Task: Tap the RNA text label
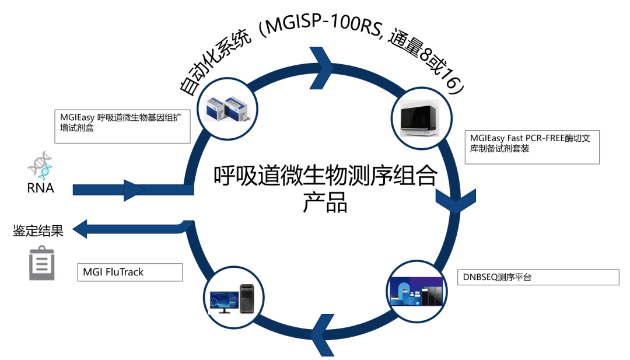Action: tap(41, 188)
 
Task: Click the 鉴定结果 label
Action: tap(38, 230)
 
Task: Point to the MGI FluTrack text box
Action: tap(129, 272)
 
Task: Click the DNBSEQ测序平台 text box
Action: tap(538, 277)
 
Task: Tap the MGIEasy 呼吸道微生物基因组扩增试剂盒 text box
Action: tap(123, 125)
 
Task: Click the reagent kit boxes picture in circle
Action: tap(226, 109)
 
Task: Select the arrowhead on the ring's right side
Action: tap(452, 200)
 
